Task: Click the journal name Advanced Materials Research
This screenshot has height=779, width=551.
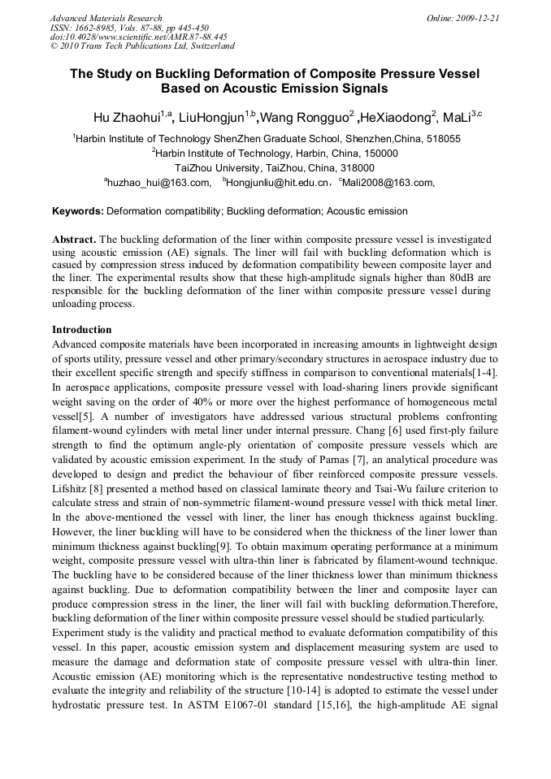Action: (106, 18)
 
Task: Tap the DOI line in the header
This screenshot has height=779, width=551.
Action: (138, 37)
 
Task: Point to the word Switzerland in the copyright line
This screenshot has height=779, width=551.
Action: (208, 47)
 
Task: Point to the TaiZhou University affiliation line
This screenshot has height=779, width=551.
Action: (275, 168)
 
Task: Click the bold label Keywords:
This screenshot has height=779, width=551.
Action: (78, 211)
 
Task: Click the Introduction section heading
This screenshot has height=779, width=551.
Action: (81, 331)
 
